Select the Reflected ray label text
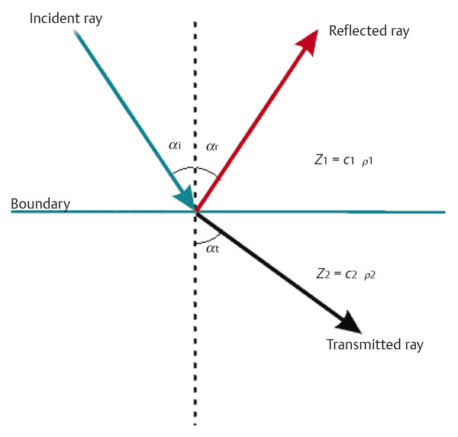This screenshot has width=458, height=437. tap(369, 31)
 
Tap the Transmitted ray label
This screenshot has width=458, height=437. tap(375, 345)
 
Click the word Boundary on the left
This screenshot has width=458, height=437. tap(40, 204)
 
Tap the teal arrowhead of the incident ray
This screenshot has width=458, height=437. tap(185, 198)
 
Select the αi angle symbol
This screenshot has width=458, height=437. tap(176, 144)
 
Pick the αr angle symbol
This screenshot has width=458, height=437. tap(212, 144)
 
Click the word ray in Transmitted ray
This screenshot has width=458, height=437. tap(408, 345)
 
